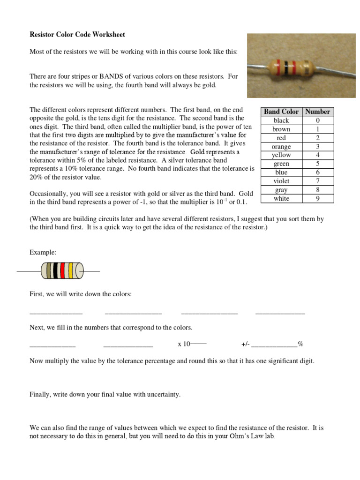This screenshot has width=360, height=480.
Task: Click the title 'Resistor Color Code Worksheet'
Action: (77, 35)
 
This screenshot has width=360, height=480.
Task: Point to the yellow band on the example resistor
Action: (71, 271)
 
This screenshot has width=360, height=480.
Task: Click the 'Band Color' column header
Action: (281, 112)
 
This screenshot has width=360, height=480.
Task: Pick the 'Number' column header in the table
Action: (318, 112)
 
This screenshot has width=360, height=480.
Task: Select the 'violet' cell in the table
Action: (281, 181)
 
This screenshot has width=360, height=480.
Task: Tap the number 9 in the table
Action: (318, 198)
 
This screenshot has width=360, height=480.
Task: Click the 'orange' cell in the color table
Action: (281, 146)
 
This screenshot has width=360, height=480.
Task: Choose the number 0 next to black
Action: (318, 120)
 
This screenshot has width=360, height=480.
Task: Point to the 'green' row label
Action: (281, 164)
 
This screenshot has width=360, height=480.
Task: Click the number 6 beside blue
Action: (318, 172)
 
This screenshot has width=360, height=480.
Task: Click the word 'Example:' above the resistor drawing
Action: (43, 252)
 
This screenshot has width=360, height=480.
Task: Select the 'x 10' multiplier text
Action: (184, 344)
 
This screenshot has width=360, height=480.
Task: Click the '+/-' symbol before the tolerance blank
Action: (246, 344)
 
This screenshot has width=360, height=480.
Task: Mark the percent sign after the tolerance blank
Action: (300, 344)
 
